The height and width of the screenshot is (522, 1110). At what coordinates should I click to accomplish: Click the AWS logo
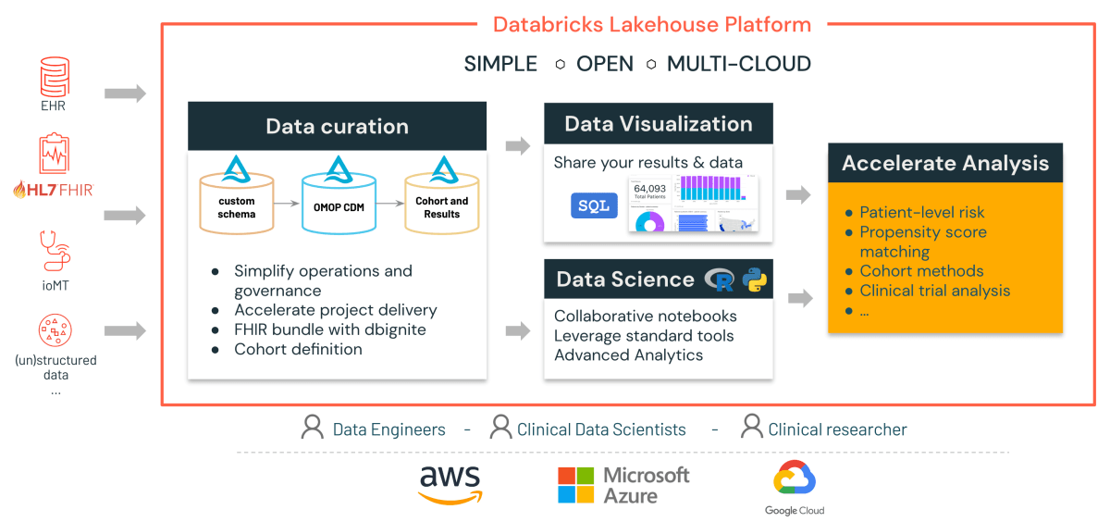tap(450, 484)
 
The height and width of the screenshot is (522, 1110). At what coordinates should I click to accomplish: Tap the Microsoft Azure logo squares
tap(575, 485)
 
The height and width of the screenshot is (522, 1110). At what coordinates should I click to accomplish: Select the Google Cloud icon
tap(794, 478)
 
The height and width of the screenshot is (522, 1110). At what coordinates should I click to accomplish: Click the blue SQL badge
tap(593, 205)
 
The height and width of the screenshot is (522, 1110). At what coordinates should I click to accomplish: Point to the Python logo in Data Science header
tap(754, 280)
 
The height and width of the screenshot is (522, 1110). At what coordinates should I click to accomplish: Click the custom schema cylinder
tap(237, 202)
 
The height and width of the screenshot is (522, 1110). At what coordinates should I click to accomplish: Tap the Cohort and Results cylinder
tap(441, 202)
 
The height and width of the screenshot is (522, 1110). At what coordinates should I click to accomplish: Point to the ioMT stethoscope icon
tap(55, 252)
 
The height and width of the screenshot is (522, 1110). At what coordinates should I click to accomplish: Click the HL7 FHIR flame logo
tap(21, 190)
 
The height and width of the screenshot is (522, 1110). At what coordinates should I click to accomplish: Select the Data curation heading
tap(337, 127)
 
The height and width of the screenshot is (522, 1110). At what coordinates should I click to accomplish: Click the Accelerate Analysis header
tap(944, 163)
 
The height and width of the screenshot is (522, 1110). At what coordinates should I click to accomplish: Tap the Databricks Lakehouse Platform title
tap(651, 25)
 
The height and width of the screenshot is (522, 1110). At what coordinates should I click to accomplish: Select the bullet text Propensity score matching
tap(922, 242)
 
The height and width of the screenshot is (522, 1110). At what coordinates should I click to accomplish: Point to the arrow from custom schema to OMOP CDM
tap(288, 206)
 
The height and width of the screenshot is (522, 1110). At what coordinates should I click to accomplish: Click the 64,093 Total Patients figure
tap(650, 193)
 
